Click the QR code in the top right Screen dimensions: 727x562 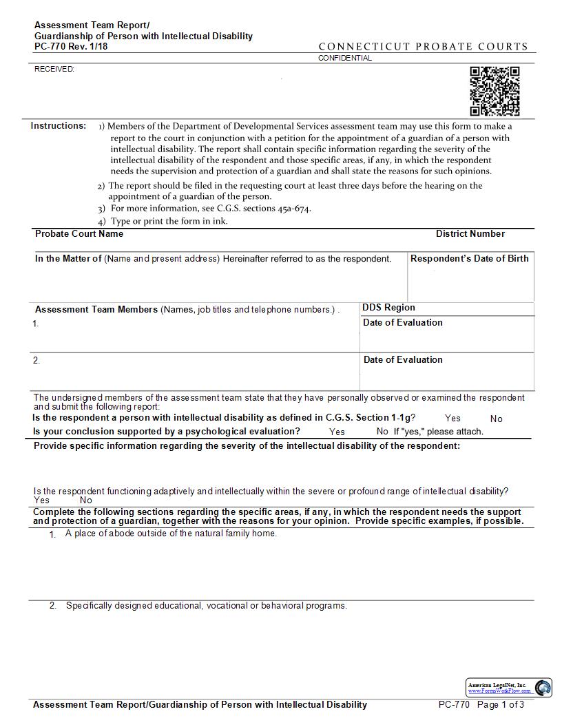point(495,92)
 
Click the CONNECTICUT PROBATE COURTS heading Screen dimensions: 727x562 point(423,47)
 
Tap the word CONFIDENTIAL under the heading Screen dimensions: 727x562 point(344,58)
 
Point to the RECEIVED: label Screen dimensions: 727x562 point(54,69)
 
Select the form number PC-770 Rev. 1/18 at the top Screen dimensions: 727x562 point(71,47)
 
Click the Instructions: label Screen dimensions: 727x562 point(59,126)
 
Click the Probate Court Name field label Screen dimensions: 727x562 point(79,233)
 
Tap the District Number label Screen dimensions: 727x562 point(470,233)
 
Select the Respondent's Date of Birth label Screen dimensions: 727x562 point(470,258)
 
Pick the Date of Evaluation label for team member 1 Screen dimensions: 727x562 point(403,322)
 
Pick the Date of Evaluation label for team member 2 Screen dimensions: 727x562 point(403,359)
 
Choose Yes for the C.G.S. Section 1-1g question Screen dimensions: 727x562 point(452,418)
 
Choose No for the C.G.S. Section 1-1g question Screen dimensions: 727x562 point(496,419)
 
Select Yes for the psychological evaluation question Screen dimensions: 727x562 point(337,432)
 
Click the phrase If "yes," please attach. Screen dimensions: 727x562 point(438,432)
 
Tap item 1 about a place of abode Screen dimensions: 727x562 point(171,534)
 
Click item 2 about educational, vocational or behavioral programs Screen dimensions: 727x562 point(206,606)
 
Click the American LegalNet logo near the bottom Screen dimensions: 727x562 point(509,687)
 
